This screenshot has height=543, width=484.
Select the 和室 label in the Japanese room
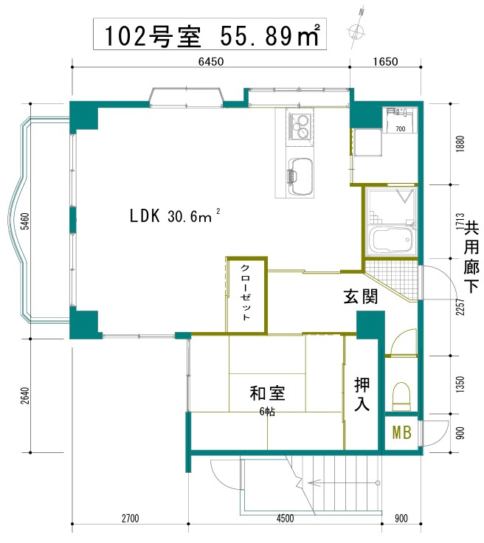pos(267,393)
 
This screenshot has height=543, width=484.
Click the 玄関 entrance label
pos(361,297)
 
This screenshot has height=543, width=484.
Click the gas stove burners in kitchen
pos(301,126)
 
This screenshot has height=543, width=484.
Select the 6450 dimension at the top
pos(211,62)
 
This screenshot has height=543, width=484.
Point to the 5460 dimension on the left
pos(26,221)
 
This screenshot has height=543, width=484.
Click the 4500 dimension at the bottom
pos(285,518)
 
